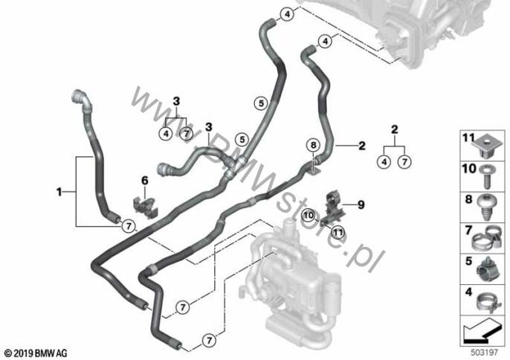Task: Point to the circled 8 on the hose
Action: tap(313, 145)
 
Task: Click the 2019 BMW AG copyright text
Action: tap(35, 351)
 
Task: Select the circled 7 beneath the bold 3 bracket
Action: tap(187, 134)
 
